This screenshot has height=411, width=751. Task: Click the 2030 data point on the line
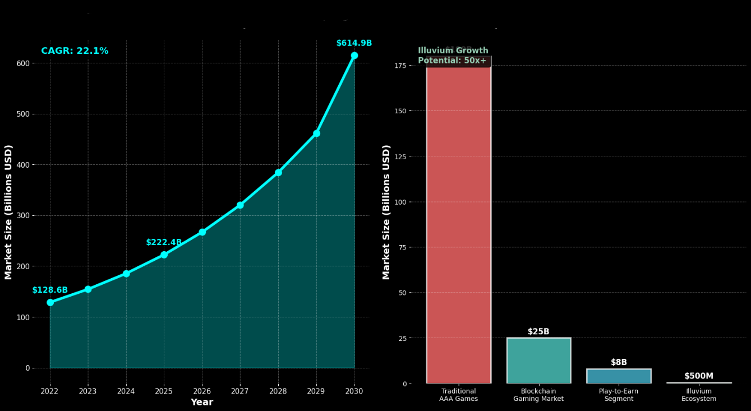tap(354, 56)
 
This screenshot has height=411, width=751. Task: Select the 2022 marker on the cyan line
tap(50, 302)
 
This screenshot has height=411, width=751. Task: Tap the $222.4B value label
tap(164, 243)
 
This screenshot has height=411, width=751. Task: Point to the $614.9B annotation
tap(354, 43)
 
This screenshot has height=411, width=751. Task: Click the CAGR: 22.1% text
tap(75, 51)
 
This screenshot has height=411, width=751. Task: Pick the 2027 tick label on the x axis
tap(239, 391)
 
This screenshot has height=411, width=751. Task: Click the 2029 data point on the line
tap(316, 133)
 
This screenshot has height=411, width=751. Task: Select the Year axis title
tap(202, 402)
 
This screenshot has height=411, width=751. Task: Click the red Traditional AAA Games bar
tap(459, 224)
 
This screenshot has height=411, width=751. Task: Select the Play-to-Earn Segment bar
tap(619, 376)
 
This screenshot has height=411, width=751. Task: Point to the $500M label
tap(699, 376)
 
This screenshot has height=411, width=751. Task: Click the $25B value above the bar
tap(538, 332)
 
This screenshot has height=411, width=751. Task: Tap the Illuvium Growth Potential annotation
tap(453, 56)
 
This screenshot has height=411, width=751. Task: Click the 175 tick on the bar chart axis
tap(400, 66)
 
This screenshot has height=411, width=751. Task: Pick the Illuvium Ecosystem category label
tap(699, 395)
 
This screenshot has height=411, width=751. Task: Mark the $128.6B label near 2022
tap(50, 290)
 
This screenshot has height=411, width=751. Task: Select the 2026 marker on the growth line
tap(202, 232)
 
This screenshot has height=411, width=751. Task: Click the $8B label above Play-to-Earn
tap(619, 363)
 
